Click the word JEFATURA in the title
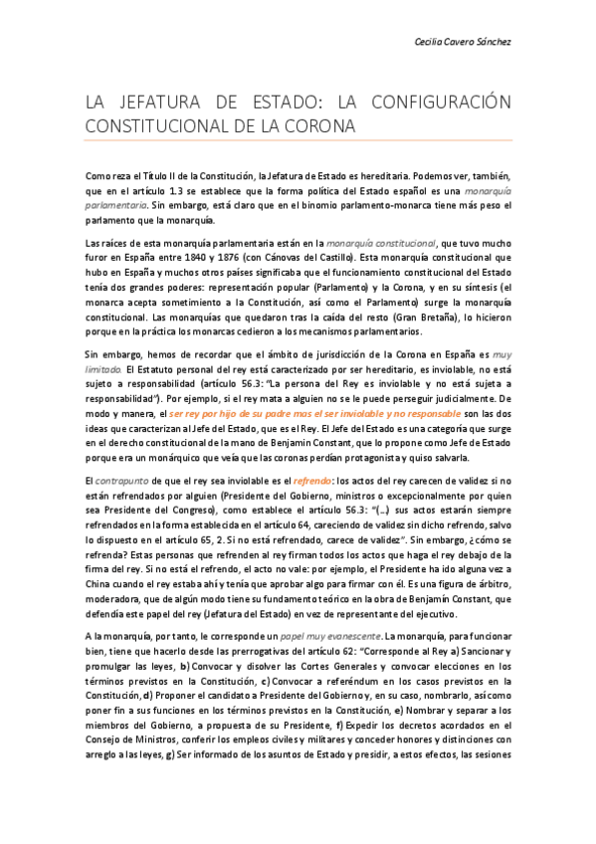click(x=157, y=103)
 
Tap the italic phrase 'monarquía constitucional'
click(x=387, y=240)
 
